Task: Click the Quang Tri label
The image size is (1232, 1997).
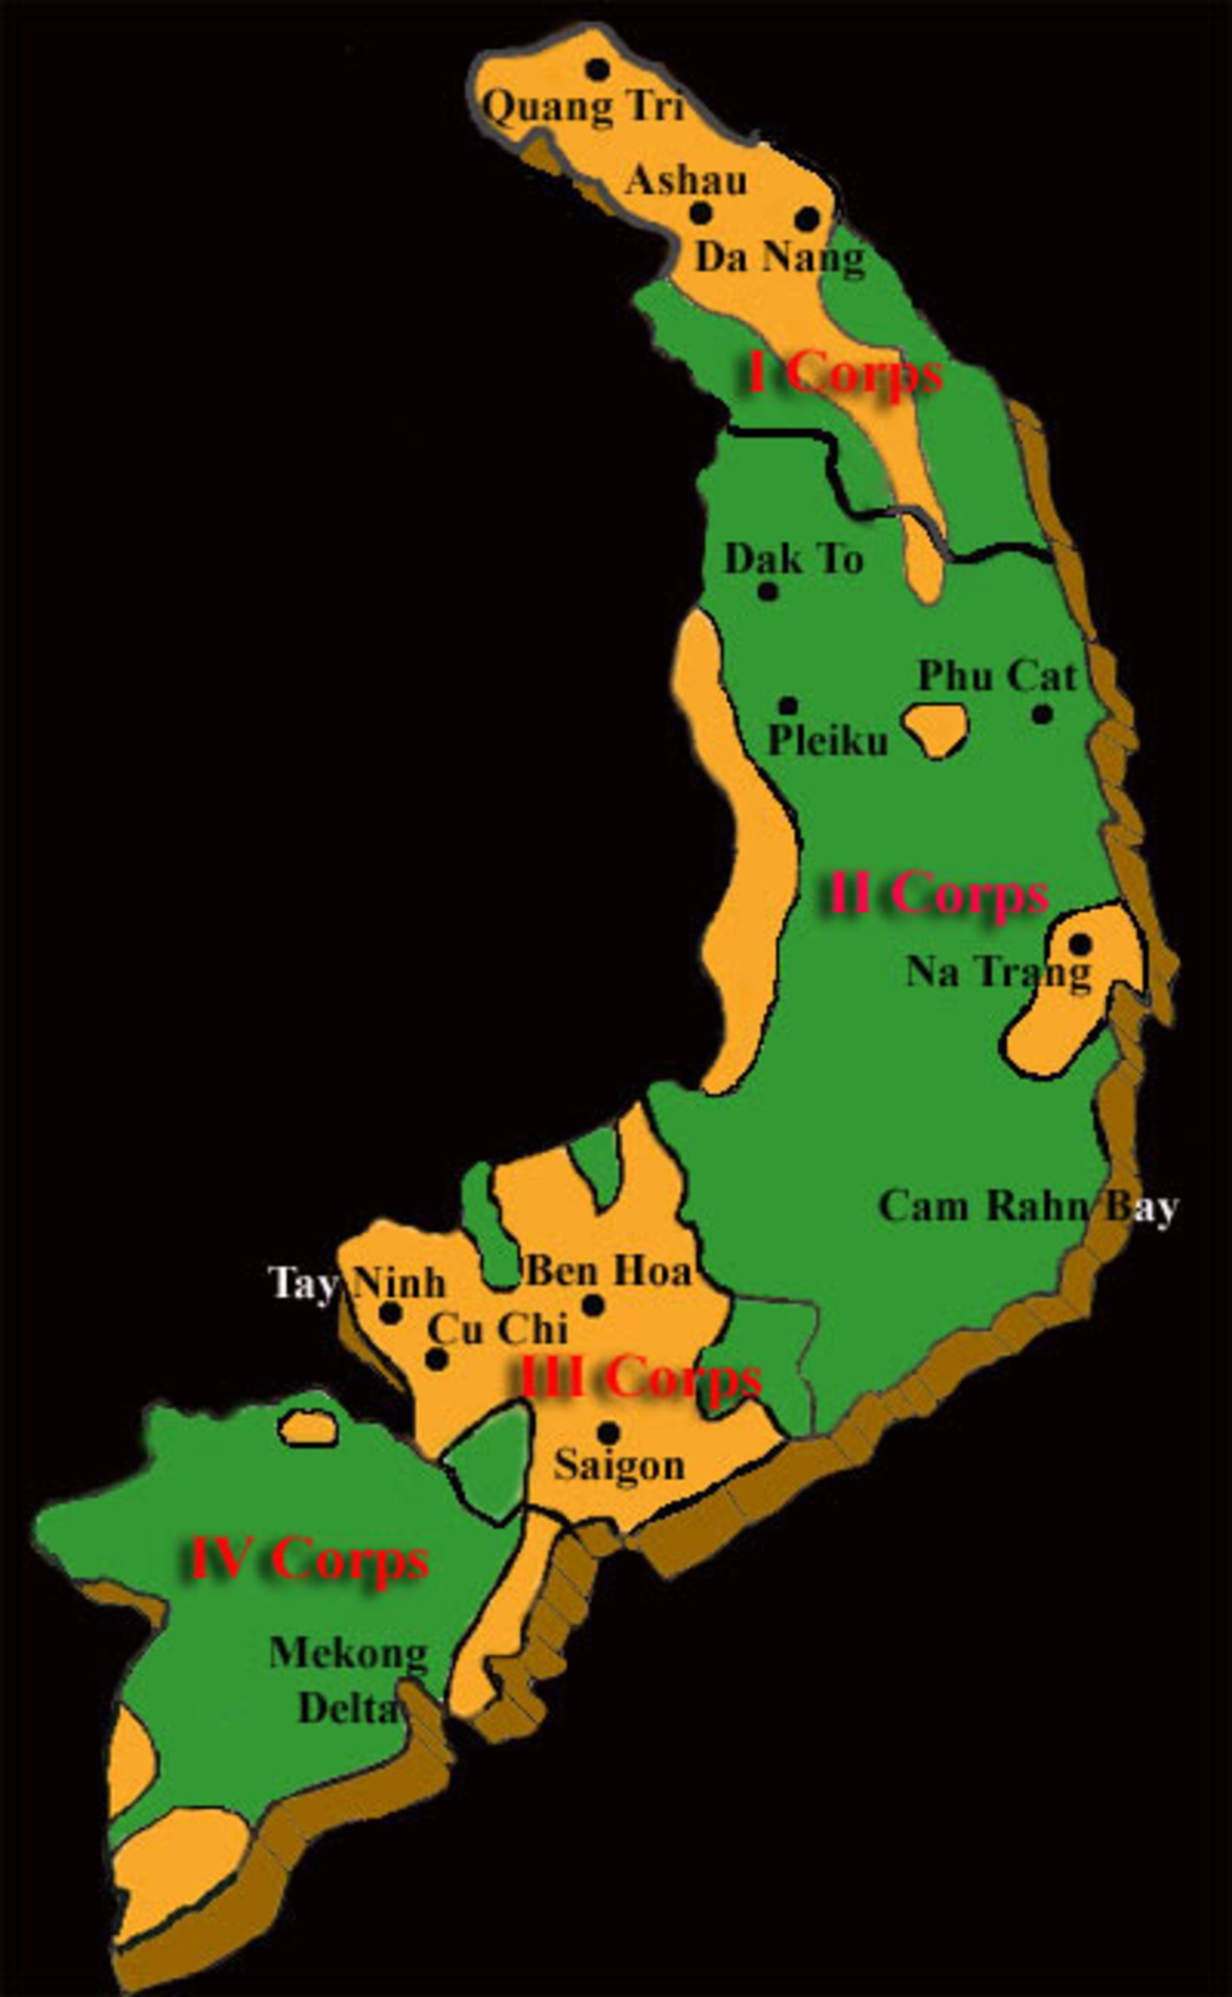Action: [583, 108]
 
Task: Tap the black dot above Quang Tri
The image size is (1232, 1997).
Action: [597, 69]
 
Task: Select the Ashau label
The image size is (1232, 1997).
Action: [686, 181]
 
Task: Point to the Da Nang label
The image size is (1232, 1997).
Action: [779, 257]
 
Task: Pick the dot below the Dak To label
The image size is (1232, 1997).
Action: [768, 592]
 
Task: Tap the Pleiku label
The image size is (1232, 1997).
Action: [828, 740]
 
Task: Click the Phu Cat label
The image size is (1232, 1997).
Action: [997, 676]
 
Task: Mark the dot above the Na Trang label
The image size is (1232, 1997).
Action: [1079, 944]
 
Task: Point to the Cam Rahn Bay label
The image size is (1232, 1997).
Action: [1028, 1206]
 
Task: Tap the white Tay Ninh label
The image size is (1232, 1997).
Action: [357, 1283]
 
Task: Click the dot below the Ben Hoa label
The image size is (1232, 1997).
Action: [592, 1306]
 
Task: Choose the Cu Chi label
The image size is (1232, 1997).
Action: [497, 1329]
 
